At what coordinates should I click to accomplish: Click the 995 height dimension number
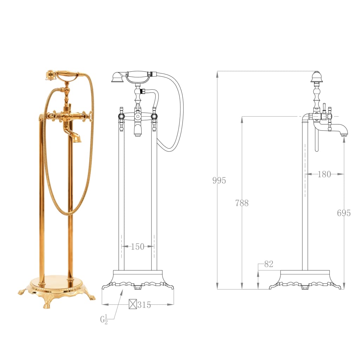[x=219, y=181]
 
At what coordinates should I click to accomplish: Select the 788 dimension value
[x=242, y=203]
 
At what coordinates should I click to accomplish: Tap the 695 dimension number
[x=343, y=213]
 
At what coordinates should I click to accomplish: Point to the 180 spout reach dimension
[x=324, y=174]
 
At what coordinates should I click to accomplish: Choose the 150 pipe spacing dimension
[x=137, y=247]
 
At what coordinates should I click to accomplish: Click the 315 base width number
[x=144, y=305]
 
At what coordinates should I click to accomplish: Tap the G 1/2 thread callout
[x=104, y=320]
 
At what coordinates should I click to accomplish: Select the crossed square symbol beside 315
[x=133, y=304]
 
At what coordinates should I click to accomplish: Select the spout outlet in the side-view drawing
[x=345, y=134]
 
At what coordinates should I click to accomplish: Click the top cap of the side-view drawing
[x=317, y=76]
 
